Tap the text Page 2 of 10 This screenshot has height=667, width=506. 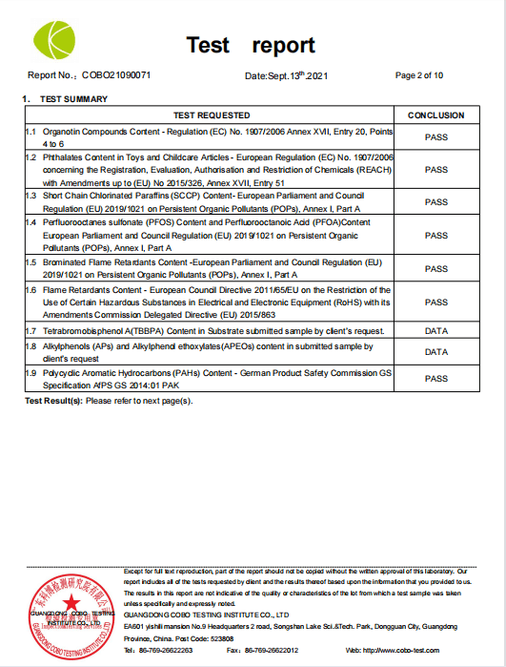[418, 75]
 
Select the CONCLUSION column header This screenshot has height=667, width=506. [435, 115]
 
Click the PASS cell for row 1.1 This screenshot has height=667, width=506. [435, 136]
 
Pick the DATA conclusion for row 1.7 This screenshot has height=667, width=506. [435, 330]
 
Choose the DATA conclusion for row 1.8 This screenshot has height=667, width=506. [435, 352]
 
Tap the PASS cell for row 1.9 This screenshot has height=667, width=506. [435, 379]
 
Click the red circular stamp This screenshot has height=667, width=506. [68, 611]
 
